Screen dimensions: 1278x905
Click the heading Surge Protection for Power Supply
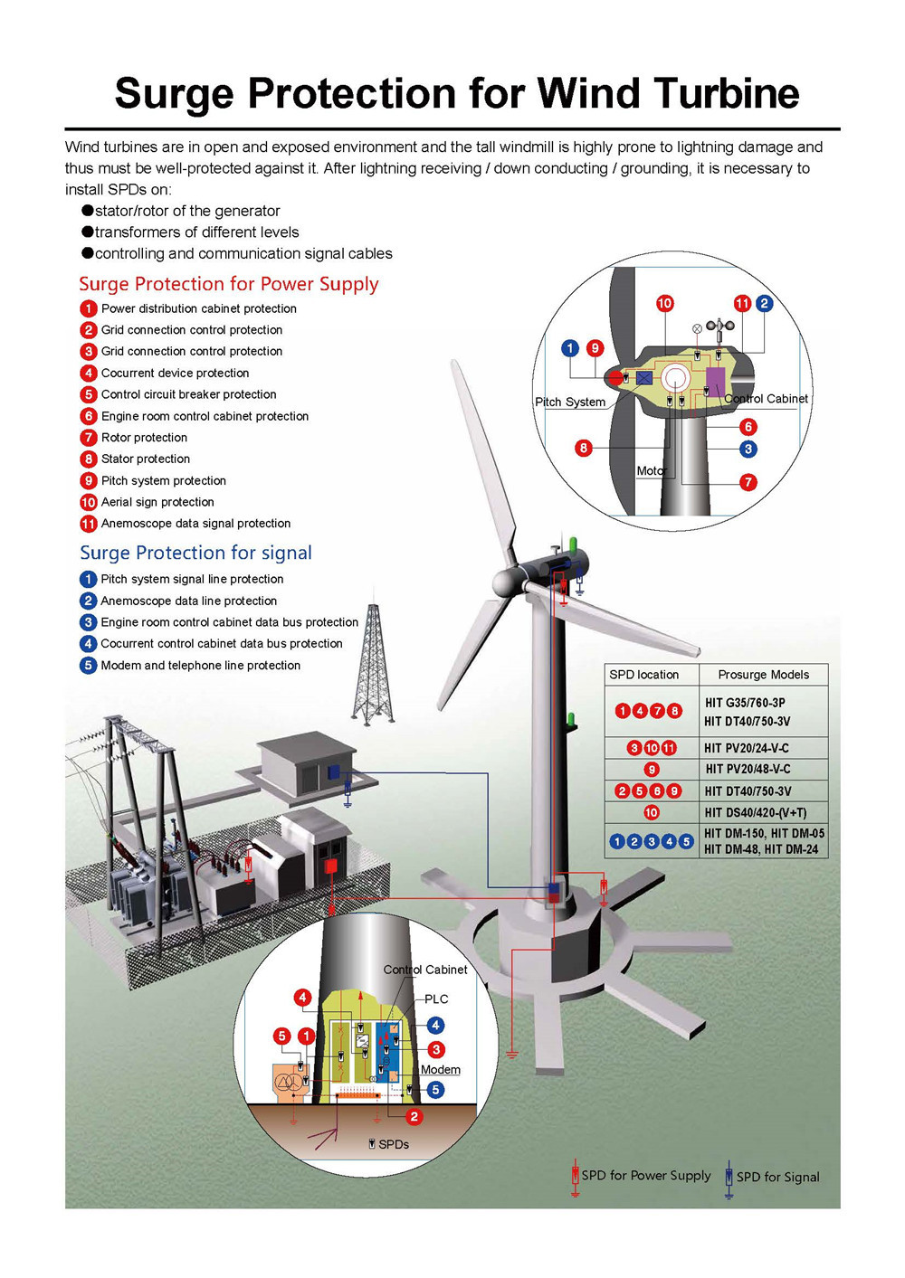(228, 284)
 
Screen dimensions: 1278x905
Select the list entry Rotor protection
(144, 438)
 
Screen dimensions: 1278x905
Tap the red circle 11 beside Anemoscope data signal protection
(89, 524)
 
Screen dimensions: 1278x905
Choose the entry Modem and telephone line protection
(200, 666)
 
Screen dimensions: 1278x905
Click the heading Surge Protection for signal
(195, 553)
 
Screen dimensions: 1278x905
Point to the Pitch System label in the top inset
(570, 402)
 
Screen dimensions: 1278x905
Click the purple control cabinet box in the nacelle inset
(715, 382)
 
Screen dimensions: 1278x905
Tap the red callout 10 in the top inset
(664, 303)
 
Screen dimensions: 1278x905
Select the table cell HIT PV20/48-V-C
(748, 769)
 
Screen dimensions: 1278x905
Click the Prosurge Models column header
(763, 675)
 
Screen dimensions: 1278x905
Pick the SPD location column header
(643, 675)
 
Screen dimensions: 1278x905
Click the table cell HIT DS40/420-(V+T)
(755, 812)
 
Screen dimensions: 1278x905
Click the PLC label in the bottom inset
(436, 999)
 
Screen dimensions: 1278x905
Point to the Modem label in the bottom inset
(441, 1070)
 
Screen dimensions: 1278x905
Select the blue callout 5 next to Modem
(435, 1090)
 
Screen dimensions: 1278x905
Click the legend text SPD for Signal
(777, 1177)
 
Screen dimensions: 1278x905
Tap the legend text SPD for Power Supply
(646, 1176)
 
